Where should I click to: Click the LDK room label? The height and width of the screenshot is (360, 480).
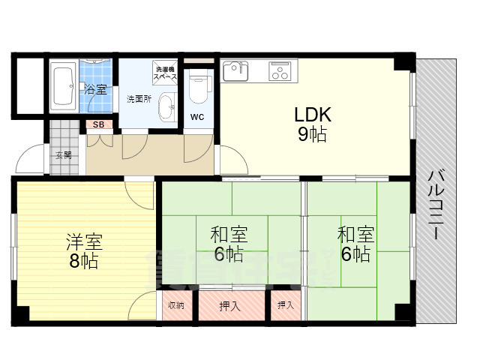312,115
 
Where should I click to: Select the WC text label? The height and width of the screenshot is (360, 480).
196,117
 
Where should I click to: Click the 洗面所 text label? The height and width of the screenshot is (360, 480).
138,99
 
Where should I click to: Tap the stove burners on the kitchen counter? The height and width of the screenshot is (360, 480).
280,73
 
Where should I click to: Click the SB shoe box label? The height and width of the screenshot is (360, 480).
97,125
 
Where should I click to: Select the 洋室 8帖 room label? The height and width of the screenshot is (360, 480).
83,251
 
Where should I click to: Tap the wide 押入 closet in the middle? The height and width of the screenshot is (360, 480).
231,305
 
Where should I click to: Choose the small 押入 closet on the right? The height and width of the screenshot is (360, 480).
286,305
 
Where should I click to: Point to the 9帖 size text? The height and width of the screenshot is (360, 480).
312,136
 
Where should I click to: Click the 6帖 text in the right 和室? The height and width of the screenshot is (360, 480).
355,254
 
